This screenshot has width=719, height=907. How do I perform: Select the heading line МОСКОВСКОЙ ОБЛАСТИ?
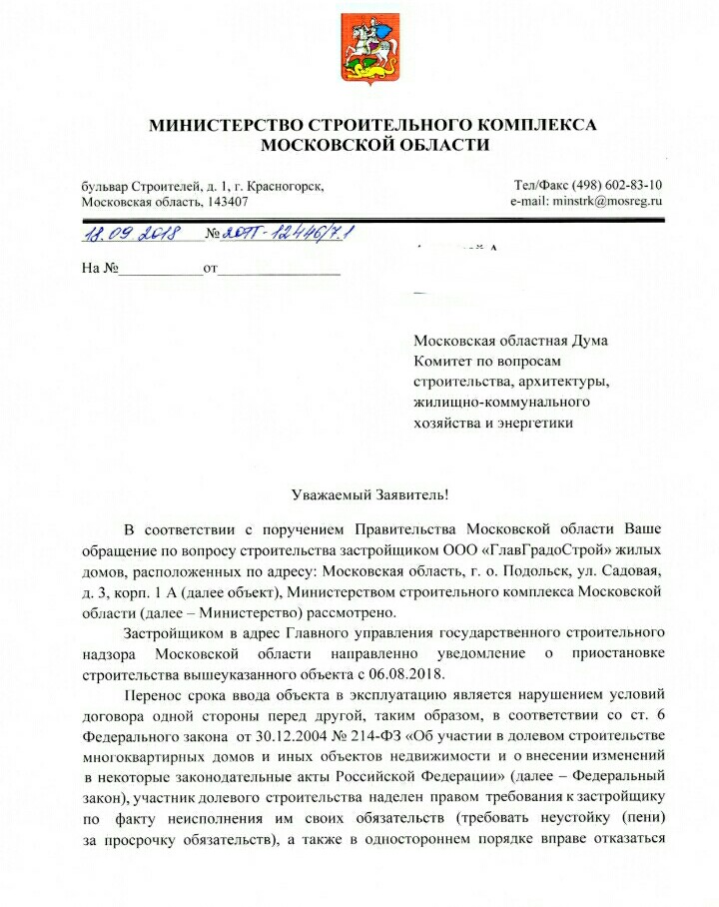(x=373, y=145)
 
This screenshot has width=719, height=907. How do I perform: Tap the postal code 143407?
(x=229, y=201)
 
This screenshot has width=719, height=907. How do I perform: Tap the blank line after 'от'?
(x=280, y=270)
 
